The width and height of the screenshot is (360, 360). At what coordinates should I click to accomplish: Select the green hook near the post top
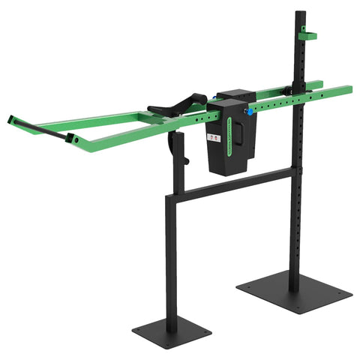(x=307, y=35)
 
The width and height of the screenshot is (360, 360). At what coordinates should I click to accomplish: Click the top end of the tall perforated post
(x=300, y=13)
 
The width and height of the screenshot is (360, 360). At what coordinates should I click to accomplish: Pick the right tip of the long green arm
(x=349, y=88)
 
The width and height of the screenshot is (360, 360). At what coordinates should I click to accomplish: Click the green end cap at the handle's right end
(x=70, y=139)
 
